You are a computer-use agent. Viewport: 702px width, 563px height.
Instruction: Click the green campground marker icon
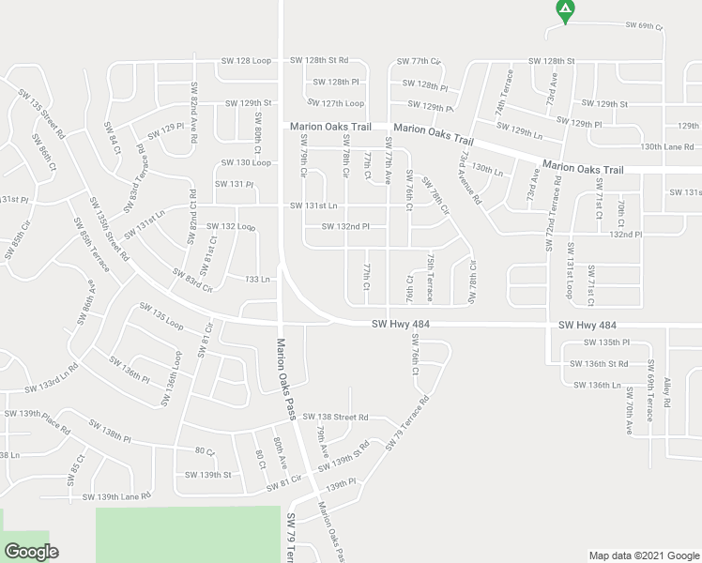coord(564,11)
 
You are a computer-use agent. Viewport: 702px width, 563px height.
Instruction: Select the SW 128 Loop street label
coord(245,60)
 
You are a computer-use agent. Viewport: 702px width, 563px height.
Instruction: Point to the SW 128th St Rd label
coord(319,60)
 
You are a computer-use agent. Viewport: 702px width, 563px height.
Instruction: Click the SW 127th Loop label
coord(336,103)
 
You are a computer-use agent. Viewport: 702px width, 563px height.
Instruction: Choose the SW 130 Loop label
coord(246,162)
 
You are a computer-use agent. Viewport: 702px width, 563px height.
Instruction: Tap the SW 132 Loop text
coord(231,226)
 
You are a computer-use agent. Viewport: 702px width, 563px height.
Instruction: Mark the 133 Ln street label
coord(258,279)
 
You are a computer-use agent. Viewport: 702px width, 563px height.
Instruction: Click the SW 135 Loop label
coord(161,313)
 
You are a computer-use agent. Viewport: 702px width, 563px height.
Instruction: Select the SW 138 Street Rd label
coord(336,417)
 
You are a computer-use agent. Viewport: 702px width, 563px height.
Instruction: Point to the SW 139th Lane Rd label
coord(116,496)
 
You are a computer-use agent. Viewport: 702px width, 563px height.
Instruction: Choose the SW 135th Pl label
coord(606,342)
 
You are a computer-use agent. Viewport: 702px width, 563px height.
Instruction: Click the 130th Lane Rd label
coord(666,146)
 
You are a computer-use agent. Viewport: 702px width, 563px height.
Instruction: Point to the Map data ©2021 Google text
coord(644,555)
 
